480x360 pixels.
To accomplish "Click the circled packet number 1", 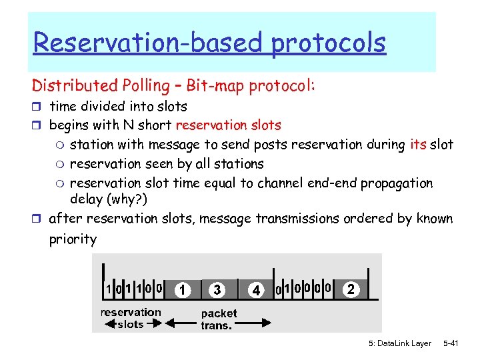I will click(181, 290).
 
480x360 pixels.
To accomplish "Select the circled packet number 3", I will click(217, 290).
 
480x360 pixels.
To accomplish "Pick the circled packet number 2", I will click(351, 289).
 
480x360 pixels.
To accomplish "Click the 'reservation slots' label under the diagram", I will click(131, 318).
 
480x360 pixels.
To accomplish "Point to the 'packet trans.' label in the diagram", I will click(219, 319).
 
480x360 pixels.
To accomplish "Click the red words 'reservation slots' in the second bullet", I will click(228, 125).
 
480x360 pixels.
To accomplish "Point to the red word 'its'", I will click(418, 144).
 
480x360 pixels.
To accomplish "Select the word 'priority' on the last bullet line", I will click(73, 239).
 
